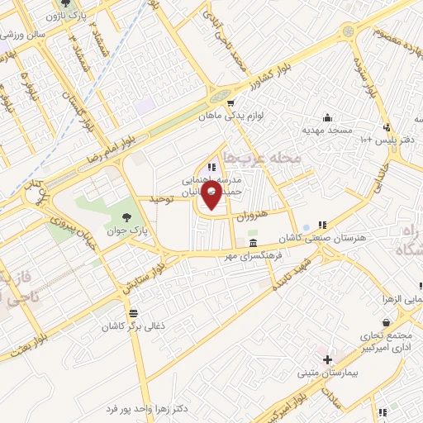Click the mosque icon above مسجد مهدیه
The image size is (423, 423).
click(327, 117)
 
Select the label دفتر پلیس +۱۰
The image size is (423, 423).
click(396, 140)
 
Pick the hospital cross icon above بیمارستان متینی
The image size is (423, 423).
click(328, 360)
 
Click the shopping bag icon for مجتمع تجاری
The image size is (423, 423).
click(385, 324)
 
